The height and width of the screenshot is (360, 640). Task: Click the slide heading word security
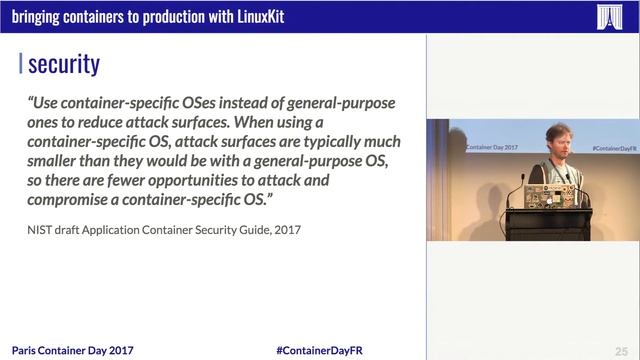coord(64,65)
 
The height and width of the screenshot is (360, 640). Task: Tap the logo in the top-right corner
coord(609,16)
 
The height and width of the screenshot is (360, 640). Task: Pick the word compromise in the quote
coord(76,199)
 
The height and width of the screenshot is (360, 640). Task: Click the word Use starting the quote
coord(47,103)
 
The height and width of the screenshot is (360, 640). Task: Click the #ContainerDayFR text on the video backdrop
coord(615,147)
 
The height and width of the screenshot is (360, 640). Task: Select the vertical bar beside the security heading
coord(21,65)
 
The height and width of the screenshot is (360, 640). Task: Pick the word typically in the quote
coord(333,142)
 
